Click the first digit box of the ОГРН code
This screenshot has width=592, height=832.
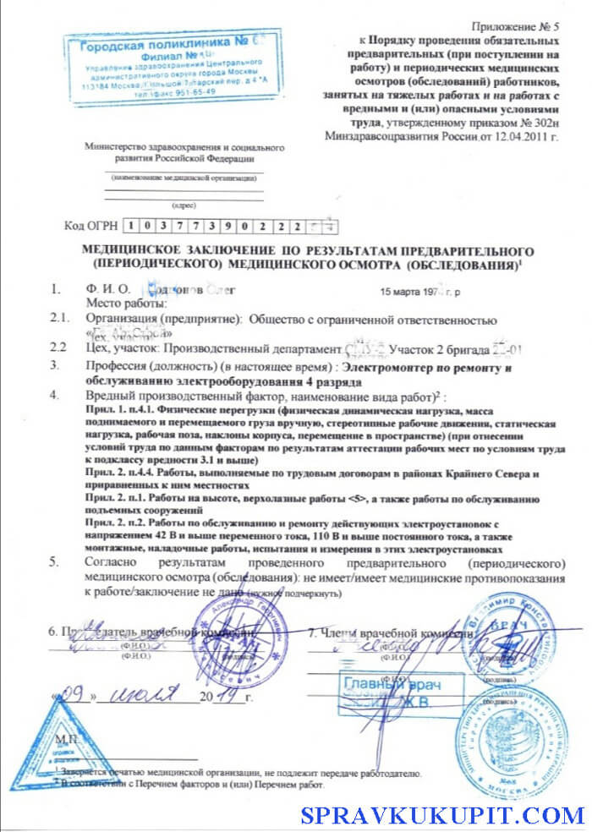click(131, 226)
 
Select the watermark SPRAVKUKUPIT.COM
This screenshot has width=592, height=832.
click(443, 816)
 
